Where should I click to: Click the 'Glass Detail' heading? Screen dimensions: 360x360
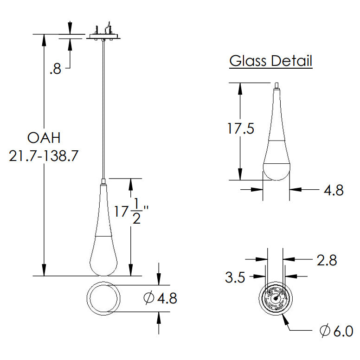pyautogui.click(x=270, y=61)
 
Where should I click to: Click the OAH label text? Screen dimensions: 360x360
pyautogui.click(x=44, y=138)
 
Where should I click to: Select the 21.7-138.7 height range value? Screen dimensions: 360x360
pyautogui.click(x=44, y=156)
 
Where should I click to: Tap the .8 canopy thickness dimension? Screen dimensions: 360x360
pyautogui.click(x=55, y=69)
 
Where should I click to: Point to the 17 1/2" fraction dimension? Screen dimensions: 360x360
pyautogui.click(x=131, y=211)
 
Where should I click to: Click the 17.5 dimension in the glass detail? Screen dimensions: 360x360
pyautogui.click(x=241, y=129)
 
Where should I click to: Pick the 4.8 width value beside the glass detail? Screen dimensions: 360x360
pyautogui.click(x=334, y=190)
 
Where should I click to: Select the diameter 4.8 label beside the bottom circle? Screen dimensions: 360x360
pyautogui.click(x=160, y=298)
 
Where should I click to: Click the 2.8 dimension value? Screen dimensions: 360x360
pyautogui.click(x=327, y=260)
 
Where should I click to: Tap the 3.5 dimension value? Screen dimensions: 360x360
pyautogui.click(x=235, y=277)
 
